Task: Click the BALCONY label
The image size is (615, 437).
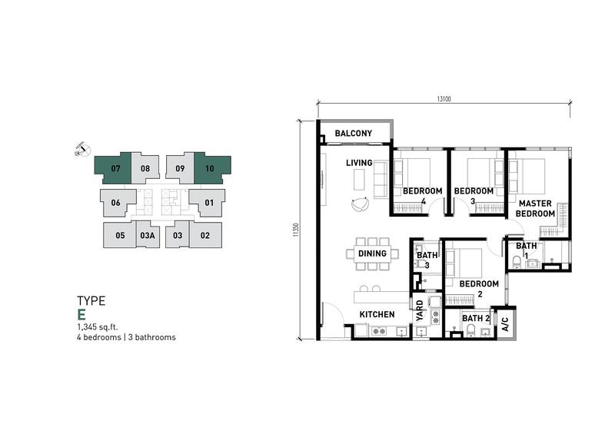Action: tap(354, 134)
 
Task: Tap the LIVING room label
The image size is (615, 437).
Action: tap(359, 163)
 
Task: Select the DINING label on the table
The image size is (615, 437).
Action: tap(372, 253)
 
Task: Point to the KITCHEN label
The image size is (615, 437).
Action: tap(377, 314)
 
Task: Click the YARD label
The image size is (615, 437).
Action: tap(420, 311)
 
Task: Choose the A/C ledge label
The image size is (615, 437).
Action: tap(505, 324)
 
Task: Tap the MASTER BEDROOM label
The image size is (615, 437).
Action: tap(535, 208)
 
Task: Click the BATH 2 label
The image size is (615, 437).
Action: tap(476, 318)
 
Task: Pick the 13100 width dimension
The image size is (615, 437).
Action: tap(444, 99)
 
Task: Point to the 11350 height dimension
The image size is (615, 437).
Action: tap(296, 230)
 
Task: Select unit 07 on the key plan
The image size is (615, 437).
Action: tap(115, 168)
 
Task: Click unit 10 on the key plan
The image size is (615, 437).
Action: tap(210, 168)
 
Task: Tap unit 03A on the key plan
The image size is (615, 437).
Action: tap(148, 236)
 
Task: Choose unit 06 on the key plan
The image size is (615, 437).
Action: tap(115, 203)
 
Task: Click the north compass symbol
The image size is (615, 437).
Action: tap(83, 149)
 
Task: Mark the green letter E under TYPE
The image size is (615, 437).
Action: tap(81, 315)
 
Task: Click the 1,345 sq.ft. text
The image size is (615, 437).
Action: tap(98, 327)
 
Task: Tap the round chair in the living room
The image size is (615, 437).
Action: tap(360, 204)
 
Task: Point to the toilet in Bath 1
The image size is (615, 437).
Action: tap(517, 261)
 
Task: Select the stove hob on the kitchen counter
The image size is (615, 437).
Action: tap(379, 332)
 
